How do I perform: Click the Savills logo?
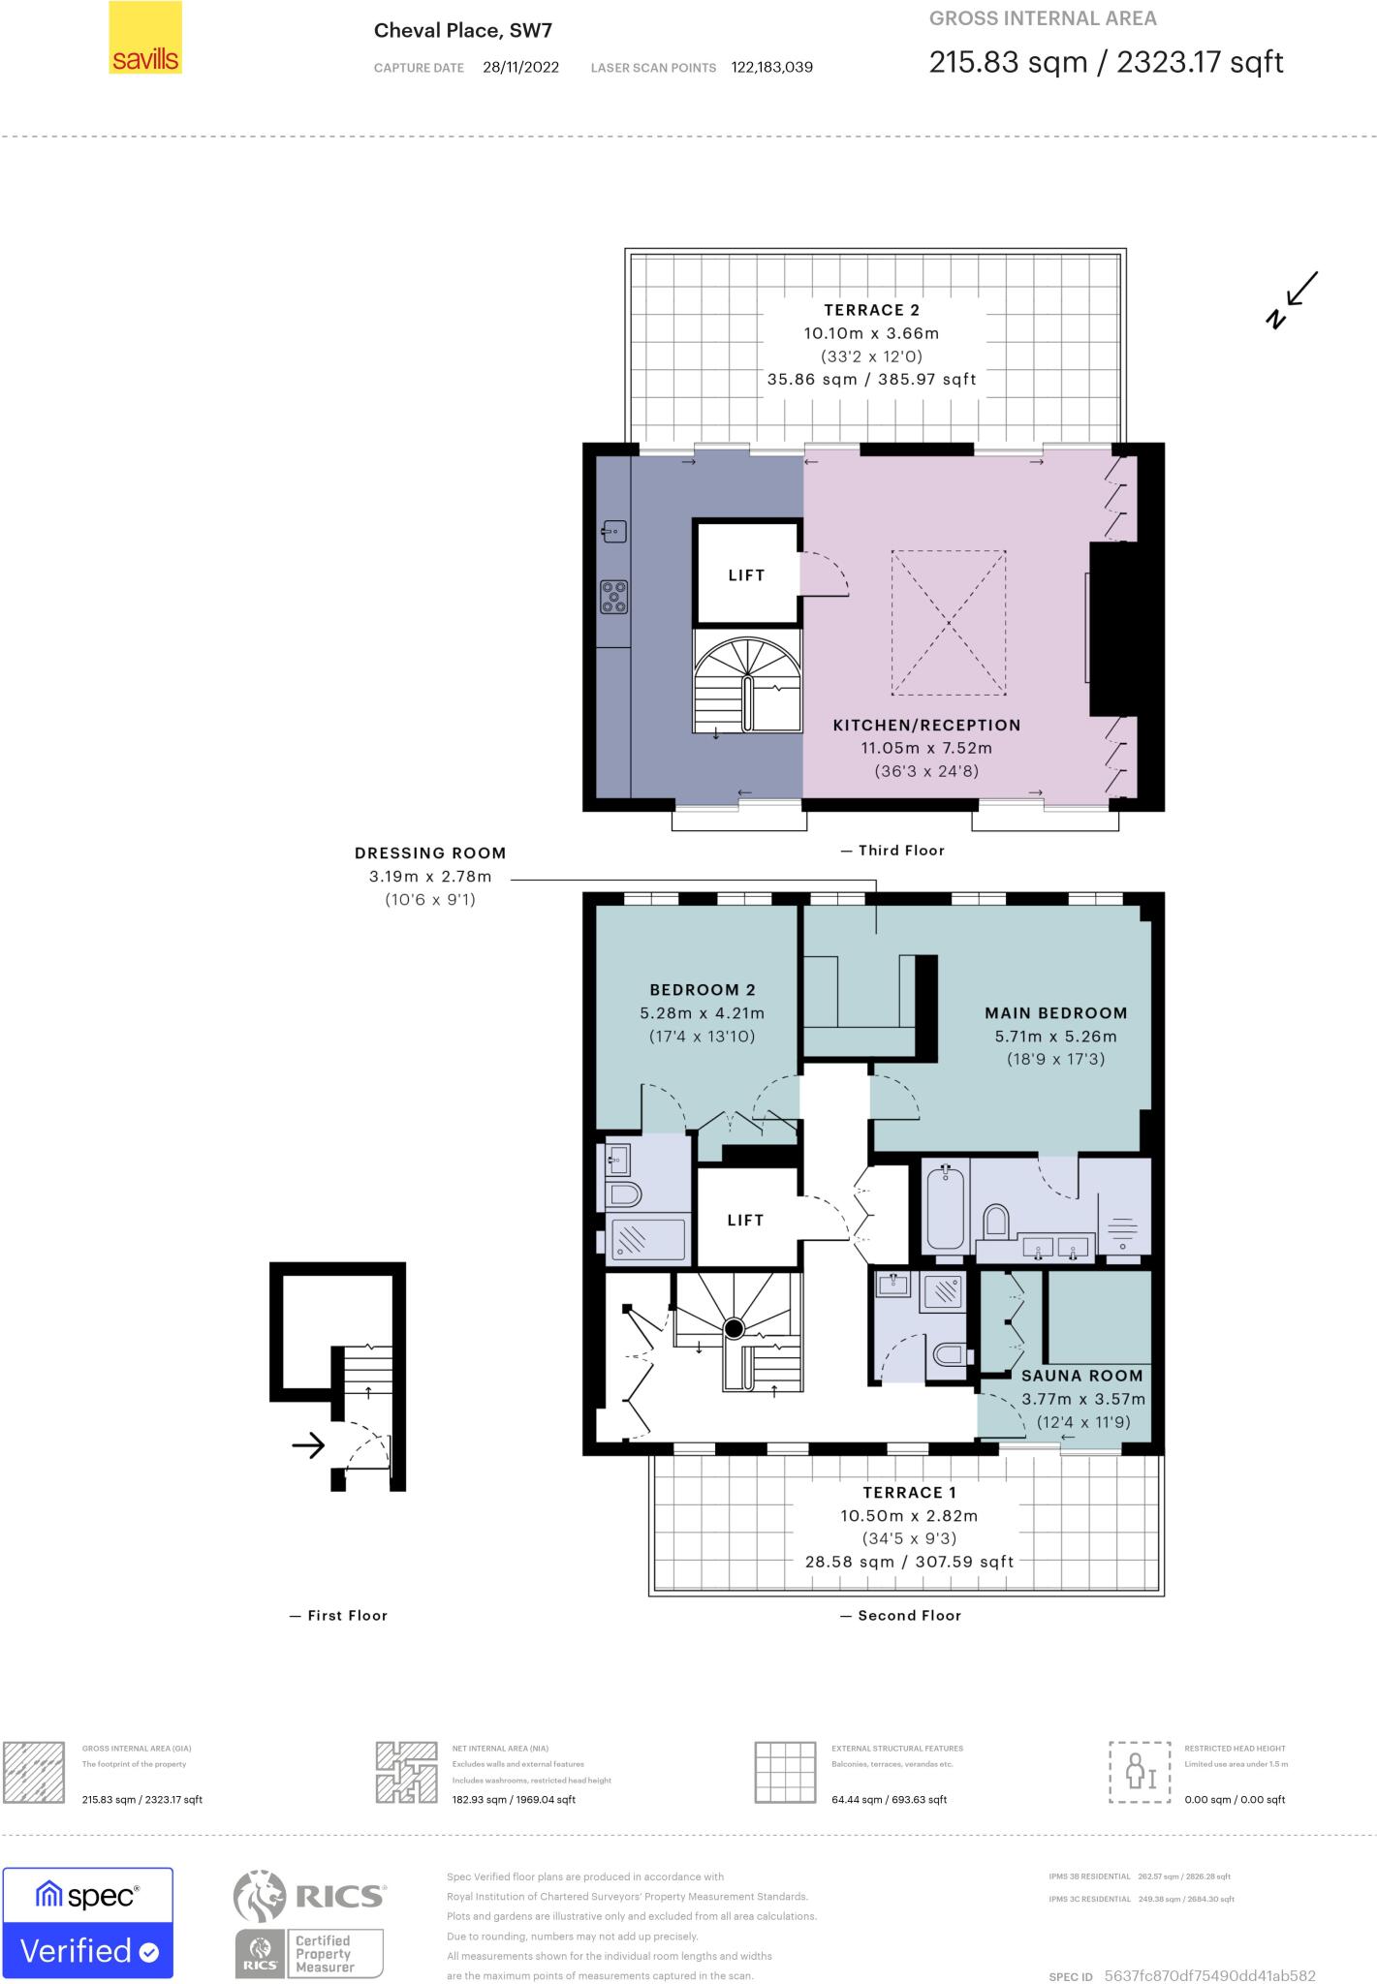click(x=144, y=38)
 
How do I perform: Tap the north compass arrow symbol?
click(x=1294, y=299)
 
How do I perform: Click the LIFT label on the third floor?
click(x=746, y=575)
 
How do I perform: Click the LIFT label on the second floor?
click(x=745, y=1221)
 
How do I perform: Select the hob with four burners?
click(x=613, y=596)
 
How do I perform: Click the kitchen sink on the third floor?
click(x=613, y=531)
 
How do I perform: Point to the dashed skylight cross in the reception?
click(x=948, y=622)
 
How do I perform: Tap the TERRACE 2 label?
click(x=871, y=310)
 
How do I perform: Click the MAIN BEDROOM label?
click(x=1055, y=1013)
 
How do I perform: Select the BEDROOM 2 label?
click(x=702, y=990)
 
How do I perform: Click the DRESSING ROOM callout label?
click(x=430, y=853)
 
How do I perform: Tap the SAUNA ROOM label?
click(x=1081, y=1376)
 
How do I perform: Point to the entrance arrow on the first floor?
click(x=308, y=1447)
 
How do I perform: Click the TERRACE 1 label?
click(x=902, y=1493)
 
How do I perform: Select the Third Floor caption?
click(x=900, y=851)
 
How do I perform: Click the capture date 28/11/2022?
click(x=520, y=68)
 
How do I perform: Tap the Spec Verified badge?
click(x=88, y=1923)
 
